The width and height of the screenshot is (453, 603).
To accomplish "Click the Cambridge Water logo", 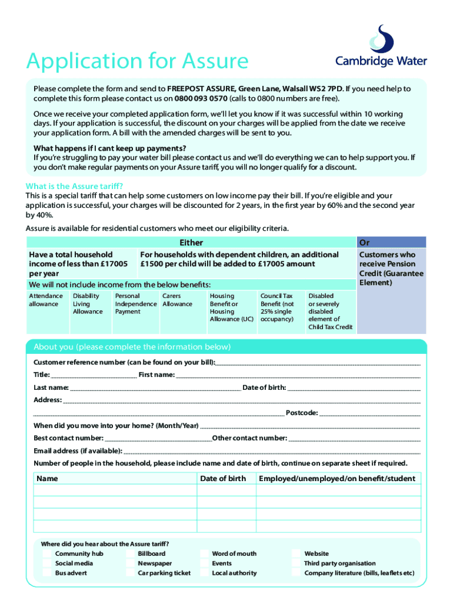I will pos(381,47).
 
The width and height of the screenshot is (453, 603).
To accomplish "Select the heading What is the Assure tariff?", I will pos(74,186).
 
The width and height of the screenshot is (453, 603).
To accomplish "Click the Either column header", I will pos(191,243).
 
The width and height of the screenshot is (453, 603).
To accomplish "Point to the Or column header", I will pos(364,243).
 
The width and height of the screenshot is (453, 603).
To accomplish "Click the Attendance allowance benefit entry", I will pos(46,300).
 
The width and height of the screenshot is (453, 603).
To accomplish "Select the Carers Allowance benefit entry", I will pos(177,300).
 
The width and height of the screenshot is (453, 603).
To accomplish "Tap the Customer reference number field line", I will pos(318,363).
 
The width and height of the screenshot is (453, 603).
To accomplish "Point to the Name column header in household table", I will pos(48,479).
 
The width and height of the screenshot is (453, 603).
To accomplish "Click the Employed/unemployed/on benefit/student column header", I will pos(337,479).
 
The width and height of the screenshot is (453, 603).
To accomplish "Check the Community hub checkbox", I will pos(46,554).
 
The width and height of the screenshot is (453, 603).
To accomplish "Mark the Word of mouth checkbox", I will pos(204,554).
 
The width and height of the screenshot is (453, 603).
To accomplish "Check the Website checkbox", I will pos(297,554).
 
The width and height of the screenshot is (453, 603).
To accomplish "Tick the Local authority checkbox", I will pos(204,573).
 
